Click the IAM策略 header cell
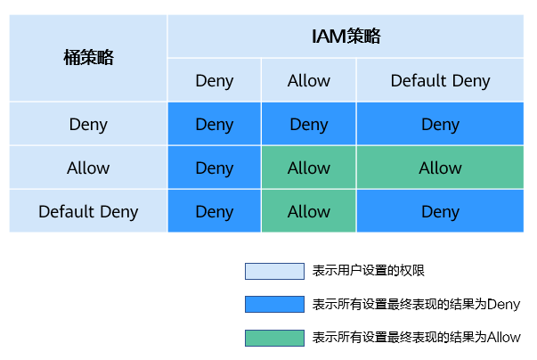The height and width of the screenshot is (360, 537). pyautogui.click(x=346, y=36)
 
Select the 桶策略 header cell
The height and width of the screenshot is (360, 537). pyautogui.click(x=88, y=58)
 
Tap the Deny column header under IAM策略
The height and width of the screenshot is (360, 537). pyautogui.click(x=215, y=80)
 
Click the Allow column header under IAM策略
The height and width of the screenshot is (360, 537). pyautogui.click(x=308, y=80)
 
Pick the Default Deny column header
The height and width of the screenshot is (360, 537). pyautogui.click(x=440, y=80)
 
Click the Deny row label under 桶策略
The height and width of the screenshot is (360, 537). pyautogui.click(x=88, y=124)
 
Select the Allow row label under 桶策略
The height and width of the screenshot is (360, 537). pyautogui.click(x=88, y=168)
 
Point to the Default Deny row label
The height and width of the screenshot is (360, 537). pyautogui.click(x=88, y=211)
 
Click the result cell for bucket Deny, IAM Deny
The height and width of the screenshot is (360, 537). pyautogui.click(x=215, y=124)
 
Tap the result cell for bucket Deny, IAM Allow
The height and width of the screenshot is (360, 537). pyautogui.click(x=308, y=124)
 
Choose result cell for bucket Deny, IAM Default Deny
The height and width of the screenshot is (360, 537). pyautogui.click(x=440, y=124)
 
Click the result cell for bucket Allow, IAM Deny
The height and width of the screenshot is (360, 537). pyautogui.click(x=215, y=168)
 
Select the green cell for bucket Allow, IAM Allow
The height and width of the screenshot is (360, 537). pyautogui.click(x=308, y=168)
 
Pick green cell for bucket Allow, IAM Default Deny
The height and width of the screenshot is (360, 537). pyautogui.click(x=440, y=168)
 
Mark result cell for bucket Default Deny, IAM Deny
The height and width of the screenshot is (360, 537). pyautogui.click(x=215, y=211)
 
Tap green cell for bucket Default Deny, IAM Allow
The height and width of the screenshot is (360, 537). pyautogui.click(x=308, y=211)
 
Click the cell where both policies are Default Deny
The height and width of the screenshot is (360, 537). pyautogui.click(x=440, y=211)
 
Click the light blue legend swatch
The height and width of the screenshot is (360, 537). pyautogui.click(x=274, y=271)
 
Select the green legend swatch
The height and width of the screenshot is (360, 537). pyautogui.click(x=274, y=338)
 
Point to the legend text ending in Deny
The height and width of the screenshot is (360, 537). pyautogui.click(x=416, y=304)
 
